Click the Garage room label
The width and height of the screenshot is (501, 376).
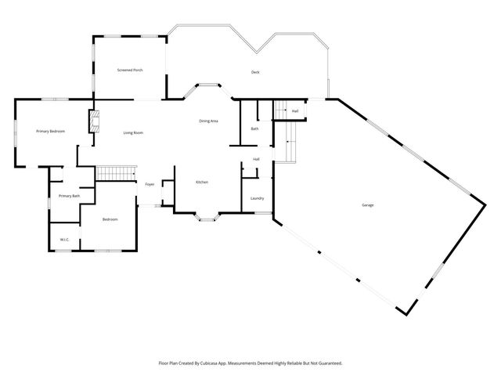pos(367,205)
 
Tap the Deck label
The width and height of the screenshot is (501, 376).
pos(255,72)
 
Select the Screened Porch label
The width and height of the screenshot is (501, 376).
pos(130,70)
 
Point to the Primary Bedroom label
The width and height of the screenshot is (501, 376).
pos(50,131)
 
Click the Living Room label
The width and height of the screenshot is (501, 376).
pos(133,132)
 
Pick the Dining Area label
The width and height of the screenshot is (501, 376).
pos(208,121)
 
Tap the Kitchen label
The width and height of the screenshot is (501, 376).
pos(202,182)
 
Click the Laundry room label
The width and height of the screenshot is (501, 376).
pos(258,198)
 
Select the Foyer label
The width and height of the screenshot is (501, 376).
pos(150,184)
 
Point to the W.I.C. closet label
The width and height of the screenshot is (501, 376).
pos(64,240)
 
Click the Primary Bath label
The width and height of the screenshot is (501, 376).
pos(70,196)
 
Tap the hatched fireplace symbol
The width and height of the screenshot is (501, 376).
pos(94,121)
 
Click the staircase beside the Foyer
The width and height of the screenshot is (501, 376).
pos(116,173)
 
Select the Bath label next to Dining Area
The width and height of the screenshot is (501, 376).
pos(254,128)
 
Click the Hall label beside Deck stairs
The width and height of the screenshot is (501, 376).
pos(295,111)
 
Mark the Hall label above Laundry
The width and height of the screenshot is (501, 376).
pos(256,159)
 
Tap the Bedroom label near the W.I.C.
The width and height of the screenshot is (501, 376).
pos(110,219)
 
